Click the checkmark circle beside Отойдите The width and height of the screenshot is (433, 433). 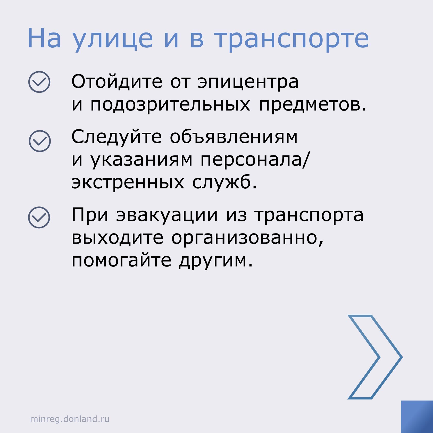tap(39, 82)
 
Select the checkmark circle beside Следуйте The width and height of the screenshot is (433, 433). tap(40, 141)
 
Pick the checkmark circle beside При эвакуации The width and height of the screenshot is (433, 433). tap(39, 218)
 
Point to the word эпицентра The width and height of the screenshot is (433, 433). tap(248, 83)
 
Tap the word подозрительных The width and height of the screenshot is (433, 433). tap(170, 106)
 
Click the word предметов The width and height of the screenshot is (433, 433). tap(313, 106)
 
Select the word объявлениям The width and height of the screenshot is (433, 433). tap(234, 137)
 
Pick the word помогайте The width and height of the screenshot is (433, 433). tap(121, 261)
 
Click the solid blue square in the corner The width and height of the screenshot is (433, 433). tap(417, 417)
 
